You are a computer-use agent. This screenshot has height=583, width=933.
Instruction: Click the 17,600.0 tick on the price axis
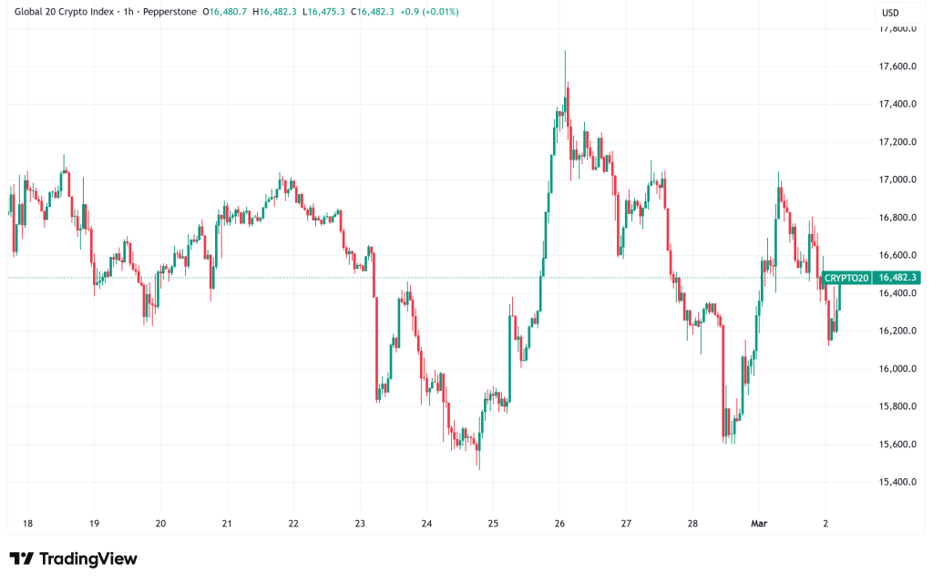897,66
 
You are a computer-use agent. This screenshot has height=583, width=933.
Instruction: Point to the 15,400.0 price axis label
897,482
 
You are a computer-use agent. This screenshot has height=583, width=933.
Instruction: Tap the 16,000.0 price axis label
897,369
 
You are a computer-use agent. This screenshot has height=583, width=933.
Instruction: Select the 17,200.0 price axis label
897,142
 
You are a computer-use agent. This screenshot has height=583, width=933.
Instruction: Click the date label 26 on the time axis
559,524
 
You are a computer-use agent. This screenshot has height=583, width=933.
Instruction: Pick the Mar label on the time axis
759,524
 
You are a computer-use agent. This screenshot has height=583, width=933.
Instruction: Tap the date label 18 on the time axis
27,524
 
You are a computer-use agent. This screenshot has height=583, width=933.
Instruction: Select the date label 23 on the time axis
360,524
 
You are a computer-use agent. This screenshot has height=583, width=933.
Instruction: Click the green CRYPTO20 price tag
846,277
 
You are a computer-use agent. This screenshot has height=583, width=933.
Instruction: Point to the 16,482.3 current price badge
897,277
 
